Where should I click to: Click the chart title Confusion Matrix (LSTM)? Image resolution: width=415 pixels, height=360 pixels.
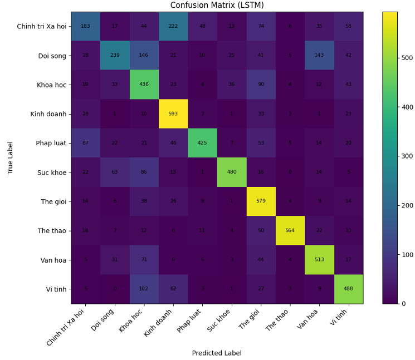pos(217,6)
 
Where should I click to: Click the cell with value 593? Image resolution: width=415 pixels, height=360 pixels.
pos(173,114)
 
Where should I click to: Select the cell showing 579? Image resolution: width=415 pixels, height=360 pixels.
pos(260,201)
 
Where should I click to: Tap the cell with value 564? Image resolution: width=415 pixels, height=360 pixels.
pos(290,230)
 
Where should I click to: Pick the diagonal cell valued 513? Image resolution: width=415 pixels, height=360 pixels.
pos(319,260)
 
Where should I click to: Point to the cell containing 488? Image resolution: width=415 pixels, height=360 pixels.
pos(348,289)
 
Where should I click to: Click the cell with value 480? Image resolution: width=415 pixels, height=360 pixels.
pos(231,172)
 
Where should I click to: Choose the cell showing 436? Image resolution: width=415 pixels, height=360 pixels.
pos(144,85)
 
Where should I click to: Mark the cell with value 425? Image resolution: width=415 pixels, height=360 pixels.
pos(202,143)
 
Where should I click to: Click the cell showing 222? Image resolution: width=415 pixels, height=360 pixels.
pos(173,26)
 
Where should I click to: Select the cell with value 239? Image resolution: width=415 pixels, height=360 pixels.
pos(115,56)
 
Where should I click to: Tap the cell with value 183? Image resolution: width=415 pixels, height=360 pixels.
pos(85,26)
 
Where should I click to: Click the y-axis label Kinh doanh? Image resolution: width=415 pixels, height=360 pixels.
pos(50,114)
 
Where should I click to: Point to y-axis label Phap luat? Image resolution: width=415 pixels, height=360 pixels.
pos(51,143)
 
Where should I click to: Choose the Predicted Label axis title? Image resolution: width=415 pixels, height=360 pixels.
pos(217,353)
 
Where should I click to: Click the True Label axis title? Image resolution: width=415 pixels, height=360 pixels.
pos(11,157)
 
